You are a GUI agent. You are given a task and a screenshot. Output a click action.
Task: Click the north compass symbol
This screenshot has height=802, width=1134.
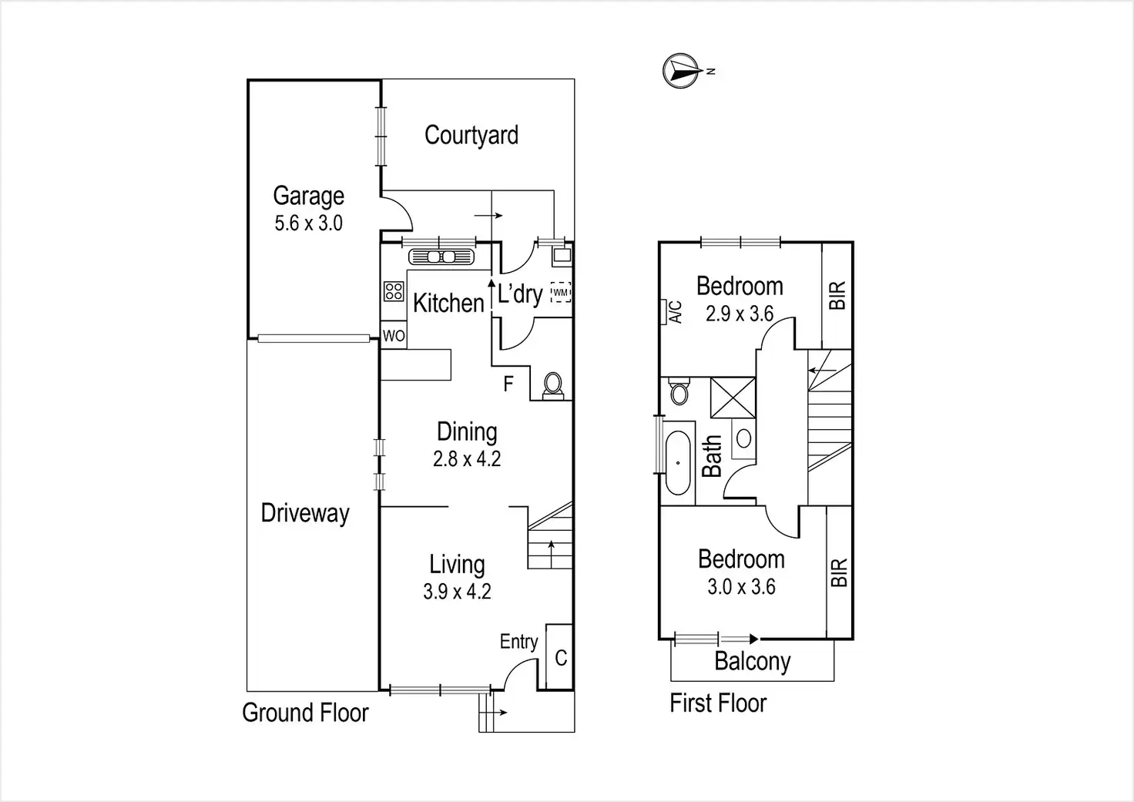[x=679, y=71]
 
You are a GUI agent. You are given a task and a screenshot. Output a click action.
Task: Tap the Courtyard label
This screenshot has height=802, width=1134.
[x=471, y=136]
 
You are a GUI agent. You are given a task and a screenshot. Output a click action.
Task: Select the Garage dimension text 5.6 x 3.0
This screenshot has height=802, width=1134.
[x=308, y=223]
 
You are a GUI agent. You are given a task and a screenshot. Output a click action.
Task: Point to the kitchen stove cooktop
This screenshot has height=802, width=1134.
[x=394, y=291]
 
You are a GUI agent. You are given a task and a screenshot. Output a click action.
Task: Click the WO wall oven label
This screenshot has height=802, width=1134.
[x=394, y=336]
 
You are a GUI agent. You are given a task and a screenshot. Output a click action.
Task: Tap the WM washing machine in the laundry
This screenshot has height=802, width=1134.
[x=561, y=293]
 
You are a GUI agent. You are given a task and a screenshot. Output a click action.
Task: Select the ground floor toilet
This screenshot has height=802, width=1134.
[x=552, y=384]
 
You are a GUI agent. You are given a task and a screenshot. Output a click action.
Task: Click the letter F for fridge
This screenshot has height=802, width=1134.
[x=508, y=383]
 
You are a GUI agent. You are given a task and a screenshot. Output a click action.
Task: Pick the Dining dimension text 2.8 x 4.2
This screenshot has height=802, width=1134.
[x=467, y=459]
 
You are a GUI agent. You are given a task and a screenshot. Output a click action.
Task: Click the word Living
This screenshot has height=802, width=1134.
[x=457, y=565]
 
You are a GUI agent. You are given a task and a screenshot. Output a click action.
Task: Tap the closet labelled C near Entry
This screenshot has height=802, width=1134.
[x=560, y=657]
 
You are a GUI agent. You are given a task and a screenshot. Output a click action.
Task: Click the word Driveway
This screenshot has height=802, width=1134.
[x=305, y=513]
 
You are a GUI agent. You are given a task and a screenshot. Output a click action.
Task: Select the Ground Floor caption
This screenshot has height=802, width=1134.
[x=305, y=713]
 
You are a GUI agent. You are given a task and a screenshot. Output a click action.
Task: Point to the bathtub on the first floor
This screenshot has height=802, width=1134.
[x=678, y=462]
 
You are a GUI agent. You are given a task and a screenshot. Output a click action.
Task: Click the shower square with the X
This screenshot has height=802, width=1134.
[x=732, y=398]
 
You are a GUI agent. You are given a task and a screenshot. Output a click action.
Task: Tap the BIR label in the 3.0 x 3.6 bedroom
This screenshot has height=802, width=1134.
[x=839, y=572]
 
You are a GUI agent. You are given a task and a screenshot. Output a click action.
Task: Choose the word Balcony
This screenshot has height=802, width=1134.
[x=752, y=662]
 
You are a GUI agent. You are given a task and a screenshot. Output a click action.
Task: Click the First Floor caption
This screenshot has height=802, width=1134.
[x=718, y=703]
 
